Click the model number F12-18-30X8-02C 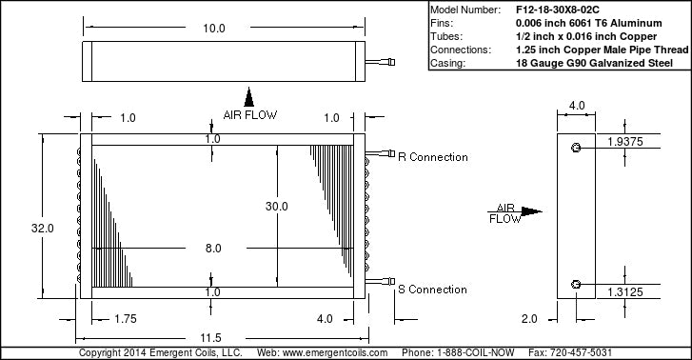558,10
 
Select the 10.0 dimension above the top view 214,29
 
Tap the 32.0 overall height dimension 43,228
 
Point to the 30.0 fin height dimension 277,207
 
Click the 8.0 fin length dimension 213,249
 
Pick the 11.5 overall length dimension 210,338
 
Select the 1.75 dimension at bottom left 126,319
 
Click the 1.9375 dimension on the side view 625,142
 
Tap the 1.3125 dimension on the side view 625,292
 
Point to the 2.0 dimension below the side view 529,319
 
